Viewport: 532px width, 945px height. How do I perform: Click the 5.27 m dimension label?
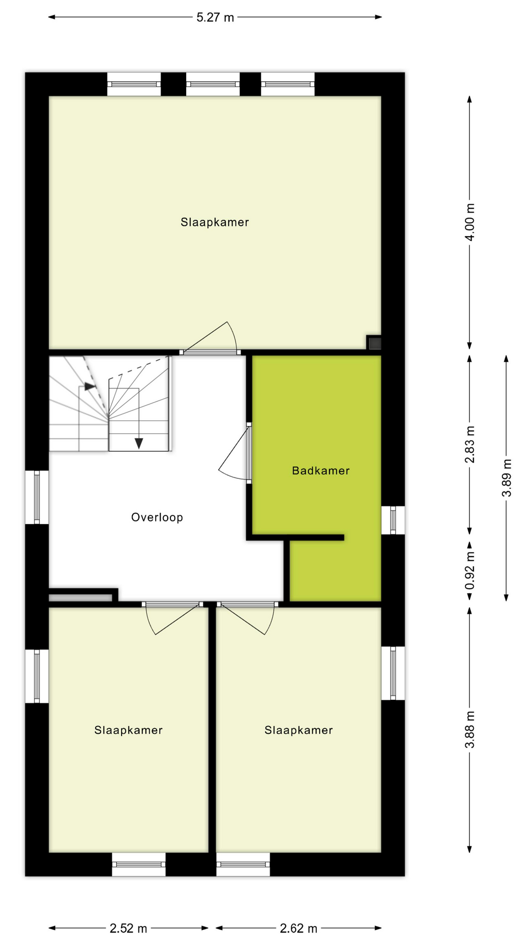(215, 18)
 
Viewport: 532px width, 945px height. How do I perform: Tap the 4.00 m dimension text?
(470, 222)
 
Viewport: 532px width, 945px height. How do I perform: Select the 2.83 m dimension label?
(470, 444)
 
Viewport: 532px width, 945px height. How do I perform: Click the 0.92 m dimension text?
(470, 570)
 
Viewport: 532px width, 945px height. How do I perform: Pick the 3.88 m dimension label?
(470, 730)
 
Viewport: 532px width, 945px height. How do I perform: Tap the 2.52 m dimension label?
(129, 929)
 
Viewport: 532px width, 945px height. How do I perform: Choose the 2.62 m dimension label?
(299, 929)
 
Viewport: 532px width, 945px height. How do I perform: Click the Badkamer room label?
(321, 471)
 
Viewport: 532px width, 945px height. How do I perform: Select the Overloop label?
(157, 517)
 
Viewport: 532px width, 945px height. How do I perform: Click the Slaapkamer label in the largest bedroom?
(215, 222)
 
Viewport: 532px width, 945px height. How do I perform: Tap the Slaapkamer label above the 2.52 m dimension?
(129, 730)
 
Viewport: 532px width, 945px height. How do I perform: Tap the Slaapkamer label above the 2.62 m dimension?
(299, 730)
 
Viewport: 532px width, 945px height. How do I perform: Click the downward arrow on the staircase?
(139, 442)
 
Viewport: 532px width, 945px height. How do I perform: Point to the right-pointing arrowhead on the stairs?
(90, 386)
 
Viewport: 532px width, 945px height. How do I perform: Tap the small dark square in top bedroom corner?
(374, 343)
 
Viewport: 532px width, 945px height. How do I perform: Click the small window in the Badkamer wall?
(393, 520)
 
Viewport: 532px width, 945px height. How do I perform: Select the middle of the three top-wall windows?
(213, 84)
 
